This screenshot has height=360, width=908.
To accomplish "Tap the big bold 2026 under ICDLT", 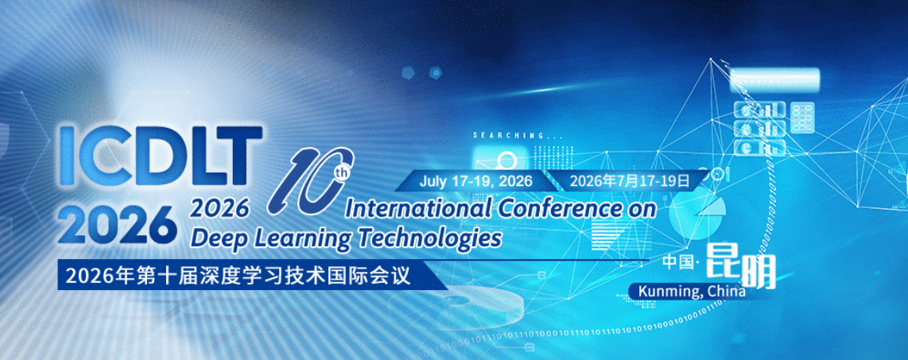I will point(118,224).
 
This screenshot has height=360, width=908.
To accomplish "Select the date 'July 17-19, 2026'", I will point(476,180).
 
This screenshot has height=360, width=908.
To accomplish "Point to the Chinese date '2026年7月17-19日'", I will point(628,180).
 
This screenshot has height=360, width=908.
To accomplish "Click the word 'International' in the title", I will point(417,209).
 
